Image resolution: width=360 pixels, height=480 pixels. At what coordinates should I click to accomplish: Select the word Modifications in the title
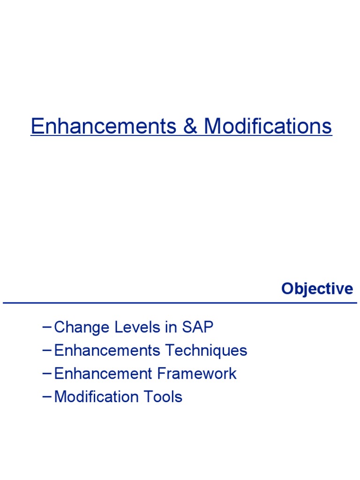(268, 126)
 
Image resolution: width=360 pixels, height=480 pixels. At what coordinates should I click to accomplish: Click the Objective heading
(317, 289)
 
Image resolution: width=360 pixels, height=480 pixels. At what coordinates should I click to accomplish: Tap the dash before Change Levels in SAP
(47, 327)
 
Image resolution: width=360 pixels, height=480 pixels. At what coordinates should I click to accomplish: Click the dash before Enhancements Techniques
(47, 350)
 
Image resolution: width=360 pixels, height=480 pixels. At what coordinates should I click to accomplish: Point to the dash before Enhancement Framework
(47, 373)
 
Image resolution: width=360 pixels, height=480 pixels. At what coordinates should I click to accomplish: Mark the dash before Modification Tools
(47, 396)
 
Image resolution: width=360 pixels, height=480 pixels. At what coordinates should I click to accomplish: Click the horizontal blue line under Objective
(180, 303)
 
